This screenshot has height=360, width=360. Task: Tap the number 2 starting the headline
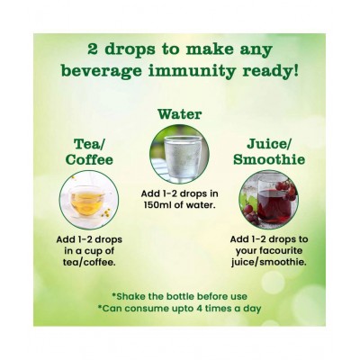[x=94, y=49]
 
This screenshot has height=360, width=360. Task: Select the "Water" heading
[x=180, y=114]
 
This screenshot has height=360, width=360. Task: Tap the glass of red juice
[x=272, y=200]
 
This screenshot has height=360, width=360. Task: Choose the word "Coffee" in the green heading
[x=89, y=159]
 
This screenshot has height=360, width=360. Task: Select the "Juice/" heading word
[x=269, y=144]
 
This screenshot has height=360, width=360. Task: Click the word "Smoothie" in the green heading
[x=269, y=159]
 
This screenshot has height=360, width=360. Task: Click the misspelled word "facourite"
[x=269, y=251]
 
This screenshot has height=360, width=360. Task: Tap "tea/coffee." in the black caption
[x=89, y=262]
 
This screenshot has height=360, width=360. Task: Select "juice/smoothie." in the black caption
[x=269, y=262]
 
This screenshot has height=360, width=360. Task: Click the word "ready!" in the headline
[x=271, y=72]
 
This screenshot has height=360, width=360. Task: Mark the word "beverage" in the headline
[x=101, y=72]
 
